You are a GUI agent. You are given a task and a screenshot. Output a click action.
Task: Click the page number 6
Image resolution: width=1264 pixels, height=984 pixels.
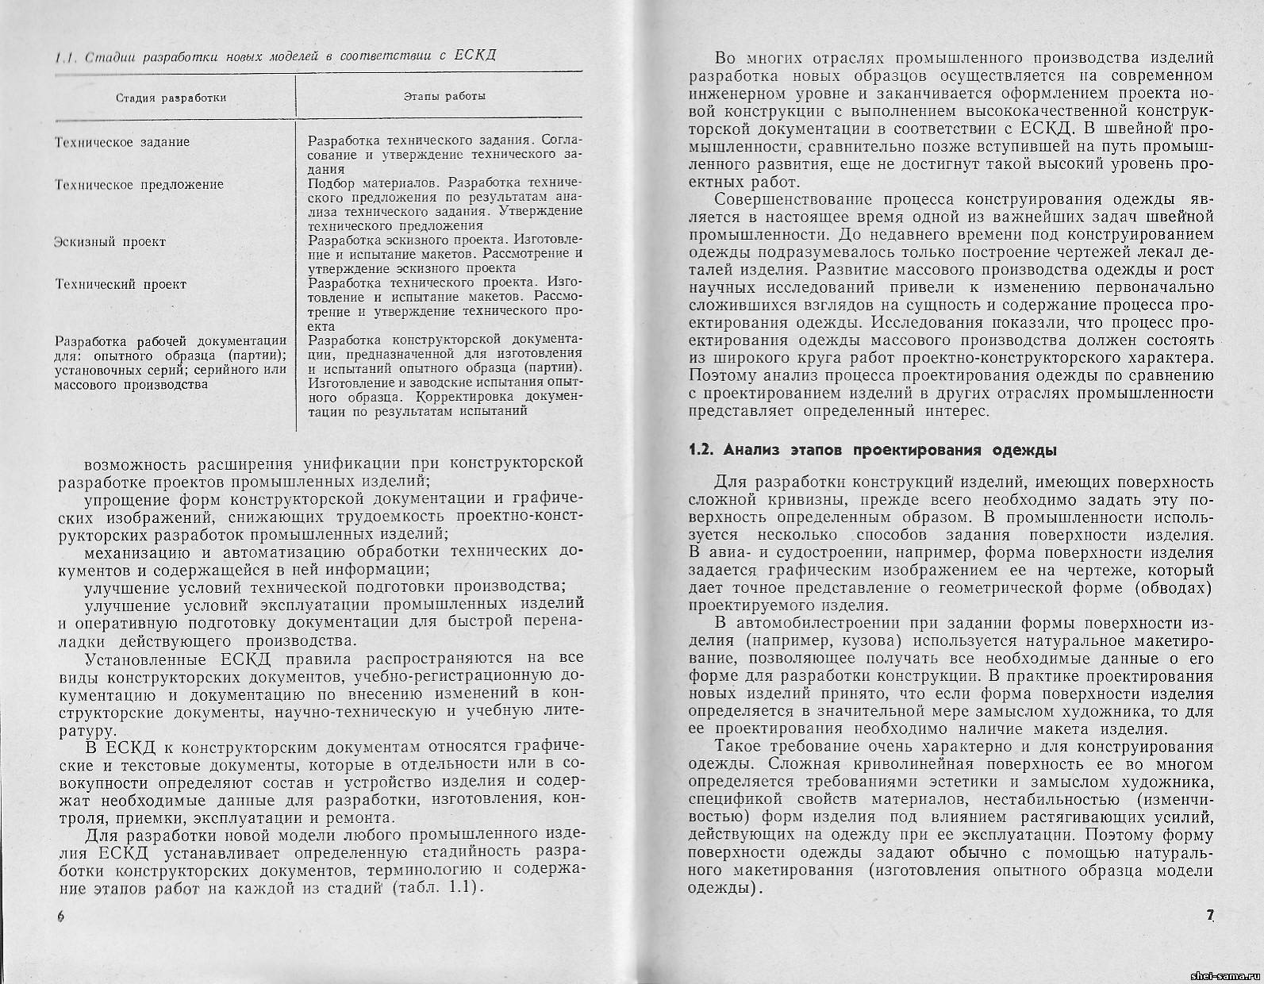[x=60, y=915]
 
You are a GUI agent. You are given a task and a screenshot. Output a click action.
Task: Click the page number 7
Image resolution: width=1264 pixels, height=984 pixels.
[x=1210, y=915]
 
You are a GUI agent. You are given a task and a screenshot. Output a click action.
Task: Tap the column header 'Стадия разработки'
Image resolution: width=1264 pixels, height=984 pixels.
[x=171, y=98]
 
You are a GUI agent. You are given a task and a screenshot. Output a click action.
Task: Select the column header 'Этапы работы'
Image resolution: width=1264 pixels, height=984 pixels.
[x=444, y=96]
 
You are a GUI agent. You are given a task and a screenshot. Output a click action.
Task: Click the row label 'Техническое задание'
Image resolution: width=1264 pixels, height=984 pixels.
[x=121, y=142]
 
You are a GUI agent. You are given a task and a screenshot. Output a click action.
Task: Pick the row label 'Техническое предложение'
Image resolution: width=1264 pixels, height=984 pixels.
[x=139, y=184]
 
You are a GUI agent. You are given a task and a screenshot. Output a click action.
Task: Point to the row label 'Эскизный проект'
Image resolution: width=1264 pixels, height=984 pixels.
[x=109, y=242]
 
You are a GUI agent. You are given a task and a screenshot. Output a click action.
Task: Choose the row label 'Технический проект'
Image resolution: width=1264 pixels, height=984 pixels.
[x=120, y=284]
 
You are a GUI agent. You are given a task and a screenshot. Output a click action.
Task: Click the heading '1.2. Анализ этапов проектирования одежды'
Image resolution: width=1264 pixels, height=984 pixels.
[x=873, y=451]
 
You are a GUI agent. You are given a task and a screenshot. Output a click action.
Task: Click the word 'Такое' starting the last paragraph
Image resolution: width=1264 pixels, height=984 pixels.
[x=737, y=746]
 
